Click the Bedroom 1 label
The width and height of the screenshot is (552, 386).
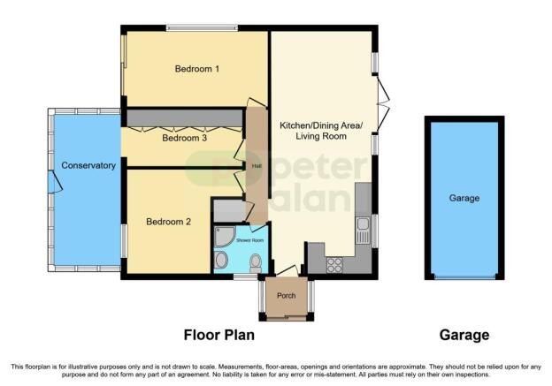pyautogui.click(x=196, y=69)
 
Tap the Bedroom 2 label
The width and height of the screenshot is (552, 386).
pyautogui.click(x=168, y=222)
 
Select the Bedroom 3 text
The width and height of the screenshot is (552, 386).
pyautogui.click(x=184, y=138)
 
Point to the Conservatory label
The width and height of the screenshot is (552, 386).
pyautogui.click(x=88, y=165)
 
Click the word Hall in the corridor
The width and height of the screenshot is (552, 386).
pyautogui.click(x=256, y=166)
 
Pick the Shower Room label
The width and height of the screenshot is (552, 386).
pyautogui.click(x=250, y=240)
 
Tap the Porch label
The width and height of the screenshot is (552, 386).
pyautogui.click(x=287, y=296)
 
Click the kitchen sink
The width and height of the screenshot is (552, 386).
pyautogui.click(x=363, y=231)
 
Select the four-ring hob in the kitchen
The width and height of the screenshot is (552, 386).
pyautogui.click(x=334, y=265)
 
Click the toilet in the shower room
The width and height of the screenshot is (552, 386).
pyautogui.click(x=256, y=263)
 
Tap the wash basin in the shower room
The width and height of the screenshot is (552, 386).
pyautogui.click(x=221, y=261)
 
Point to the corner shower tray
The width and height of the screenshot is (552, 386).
pyautogui.click(x=225, y=237)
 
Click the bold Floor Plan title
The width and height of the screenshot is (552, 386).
pyautogui.click(x=219, y=335)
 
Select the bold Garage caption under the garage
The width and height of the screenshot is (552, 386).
pyautogui.click(x=464, y=335)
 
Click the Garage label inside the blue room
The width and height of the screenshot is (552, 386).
pyautogui.click(x=464, y=198)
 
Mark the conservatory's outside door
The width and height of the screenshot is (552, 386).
pyautogui.click(x=55, y=182)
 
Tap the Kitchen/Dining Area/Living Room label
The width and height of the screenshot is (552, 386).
pyautogui.click(x=321, y=131)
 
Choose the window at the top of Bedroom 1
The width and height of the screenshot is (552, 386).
pyautogui.click(x=202, y=27)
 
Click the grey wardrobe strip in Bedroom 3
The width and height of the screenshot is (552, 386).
pyautogui.click(x=185, y=117)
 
